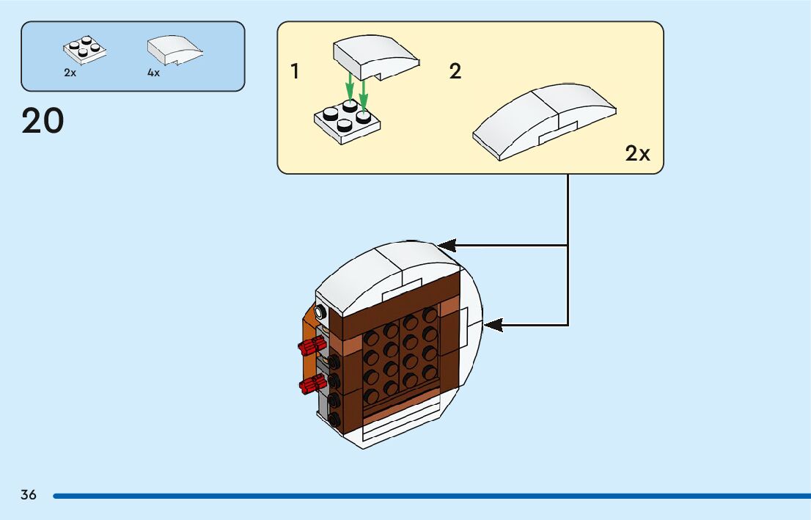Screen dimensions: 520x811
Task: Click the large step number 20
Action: tap(43, 121)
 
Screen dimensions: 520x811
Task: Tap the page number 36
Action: tap(29, 495)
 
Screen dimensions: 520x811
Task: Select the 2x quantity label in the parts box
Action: tap(70, 73)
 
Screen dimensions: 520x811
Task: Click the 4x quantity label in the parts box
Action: tap(153, 73)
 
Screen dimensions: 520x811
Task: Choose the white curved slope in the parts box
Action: tap(174, 50)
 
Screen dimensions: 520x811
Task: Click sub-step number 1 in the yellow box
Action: tap(295, 72)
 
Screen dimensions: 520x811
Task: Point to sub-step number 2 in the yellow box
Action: tap(455, 72)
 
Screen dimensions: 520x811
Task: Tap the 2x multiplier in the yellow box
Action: tap(637, 153)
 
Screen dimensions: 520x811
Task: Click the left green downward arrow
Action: tap(351, 88)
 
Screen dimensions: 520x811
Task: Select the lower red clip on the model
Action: tap(312, 382)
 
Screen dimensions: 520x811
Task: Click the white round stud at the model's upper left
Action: tap(320, 311)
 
